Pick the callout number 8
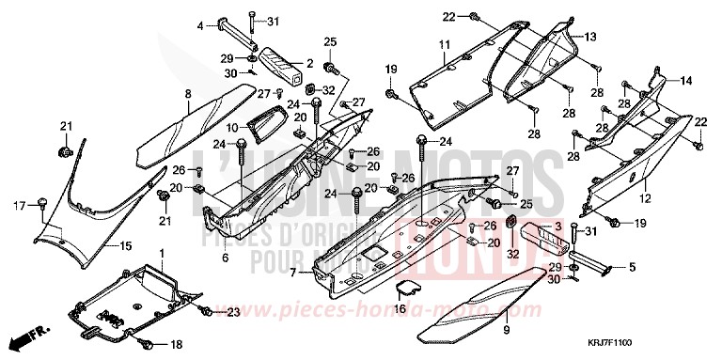188,93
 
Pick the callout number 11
443,45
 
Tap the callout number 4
200,25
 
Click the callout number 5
631,268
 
